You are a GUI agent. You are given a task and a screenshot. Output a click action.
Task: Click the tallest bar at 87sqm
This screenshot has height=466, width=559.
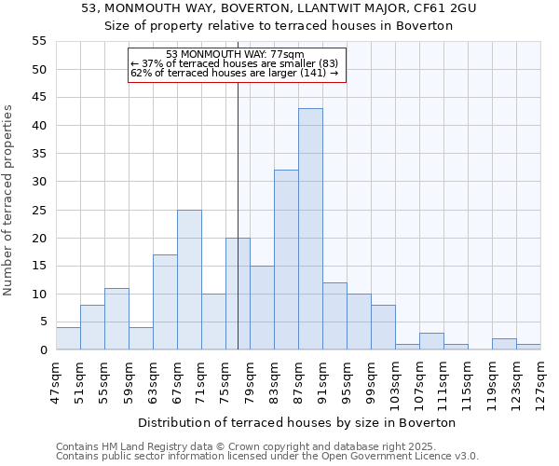pyautogui.click(x=310, y=229)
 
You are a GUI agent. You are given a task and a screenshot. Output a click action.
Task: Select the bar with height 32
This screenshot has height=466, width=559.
pyautogui.click(x=286, y=260)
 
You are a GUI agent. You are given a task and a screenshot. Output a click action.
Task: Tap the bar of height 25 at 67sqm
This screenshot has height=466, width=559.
pyautogui.click(x=189, y=280)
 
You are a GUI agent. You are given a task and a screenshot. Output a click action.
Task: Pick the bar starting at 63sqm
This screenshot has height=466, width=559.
pyautogui.click(x=165, y=302)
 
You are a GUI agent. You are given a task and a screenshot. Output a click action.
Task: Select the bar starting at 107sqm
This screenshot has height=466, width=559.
pyautogui.click(x=431, y=341)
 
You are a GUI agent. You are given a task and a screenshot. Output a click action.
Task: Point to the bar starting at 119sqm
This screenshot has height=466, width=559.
pyautogui.click(x=504, y=344)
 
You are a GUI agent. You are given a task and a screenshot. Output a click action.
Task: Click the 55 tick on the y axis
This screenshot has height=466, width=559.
pyautogui.click(x=39, y=41)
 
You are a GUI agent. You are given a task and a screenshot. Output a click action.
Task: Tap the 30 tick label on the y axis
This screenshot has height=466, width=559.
pyautogui.click(x=39, y=182)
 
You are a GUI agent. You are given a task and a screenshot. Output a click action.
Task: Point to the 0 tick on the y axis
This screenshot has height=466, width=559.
pyautogui.click(x=43, y=350)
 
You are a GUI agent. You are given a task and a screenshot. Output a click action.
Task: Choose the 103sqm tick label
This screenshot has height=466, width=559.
pyautogui.click(x=395, y=380)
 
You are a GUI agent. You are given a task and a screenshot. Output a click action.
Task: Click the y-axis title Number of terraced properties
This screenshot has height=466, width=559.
pyautogui.click(x=8, y=200)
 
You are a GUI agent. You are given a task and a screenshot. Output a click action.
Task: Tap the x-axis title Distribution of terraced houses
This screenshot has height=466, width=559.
pyautogui.click(x=298, y=422)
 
